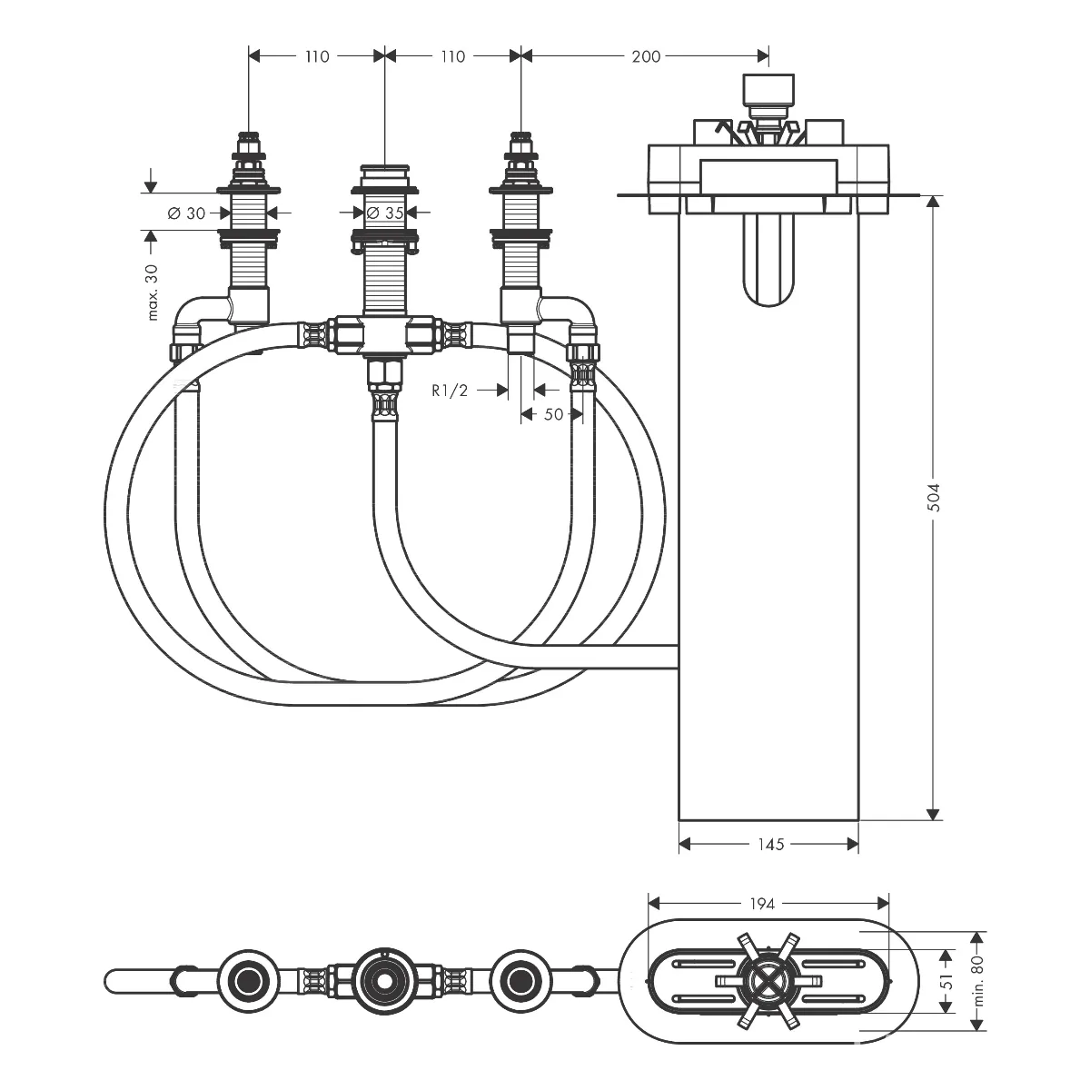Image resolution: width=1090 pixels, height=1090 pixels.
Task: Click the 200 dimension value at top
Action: (x=646, y=56)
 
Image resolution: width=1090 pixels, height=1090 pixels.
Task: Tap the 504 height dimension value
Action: (x=935, y=498)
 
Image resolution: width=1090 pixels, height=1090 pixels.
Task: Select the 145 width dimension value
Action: (x=770, y=845)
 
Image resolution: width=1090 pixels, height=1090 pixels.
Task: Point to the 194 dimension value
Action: (x=762, y=904)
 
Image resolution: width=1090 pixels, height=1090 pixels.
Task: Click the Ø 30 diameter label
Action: (x=187, y=213)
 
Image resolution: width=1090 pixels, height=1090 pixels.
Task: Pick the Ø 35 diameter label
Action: (x=385, y=213)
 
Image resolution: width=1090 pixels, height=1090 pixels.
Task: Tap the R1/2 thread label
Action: (x=450, y=391)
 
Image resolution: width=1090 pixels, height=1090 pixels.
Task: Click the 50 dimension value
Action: (x=554, y=414)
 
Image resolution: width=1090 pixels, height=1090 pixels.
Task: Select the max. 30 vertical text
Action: (x=152, y=292)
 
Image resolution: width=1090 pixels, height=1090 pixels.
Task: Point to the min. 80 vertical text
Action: (x=979, y=981)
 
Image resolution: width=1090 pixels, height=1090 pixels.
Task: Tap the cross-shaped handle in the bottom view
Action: (x=768, y=981)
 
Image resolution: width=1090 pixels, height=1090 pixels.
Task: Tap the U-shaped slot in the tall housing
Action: (x=768, y=260)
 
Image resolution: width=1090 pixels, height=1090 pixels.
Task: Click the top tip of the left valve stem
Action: (x=249, y=134)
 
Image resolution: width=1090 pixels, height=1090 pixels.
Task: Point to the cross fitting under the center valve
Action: (x=384, y=334)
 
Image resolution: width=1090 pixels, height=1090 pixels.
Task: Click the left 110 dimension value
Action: (x=317, y=56)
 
